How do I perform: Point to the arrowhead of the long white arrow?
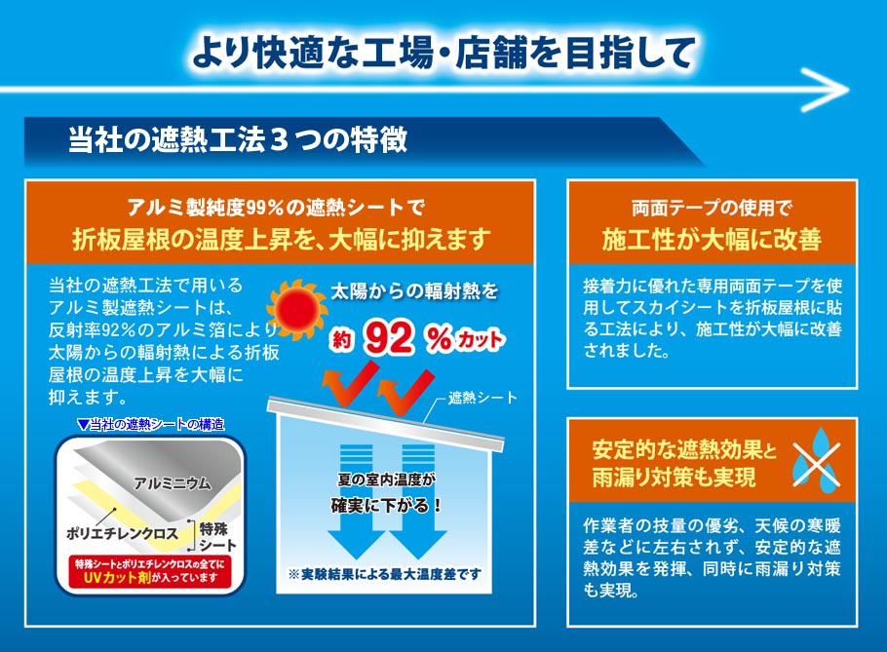tap(833, 90)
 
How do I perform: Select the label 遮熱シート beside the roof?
tap(482, 398)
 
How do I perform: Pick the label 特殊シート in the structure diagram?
tap(222, 535)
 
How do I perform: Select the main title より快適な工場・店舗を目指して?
tap(443, 51)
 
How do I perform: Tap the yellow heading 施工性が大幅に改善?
tap(712, 239)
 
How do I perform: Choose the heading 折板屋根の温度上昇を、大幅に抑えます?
tap(280, 239)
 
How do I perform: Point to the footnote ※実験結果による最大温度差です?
tap(384, 574)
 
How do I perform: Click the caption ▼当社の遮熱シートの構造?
tap(150, 424)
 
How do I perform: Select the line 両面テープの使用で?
tap(712, 207)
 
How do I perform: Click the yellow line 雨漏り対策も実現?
tap(674, 478)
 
